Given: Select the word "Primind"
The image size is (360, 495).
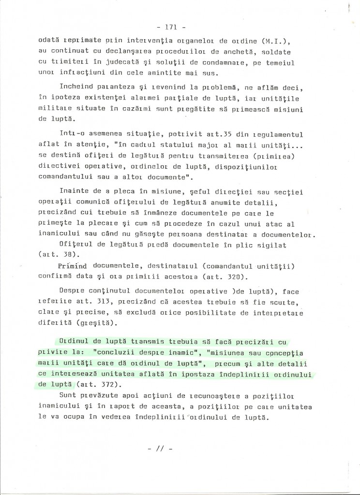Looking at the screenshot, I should [75, 266].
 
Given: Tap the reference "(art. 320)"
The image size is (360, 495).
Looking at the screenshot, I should [229, 277].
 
